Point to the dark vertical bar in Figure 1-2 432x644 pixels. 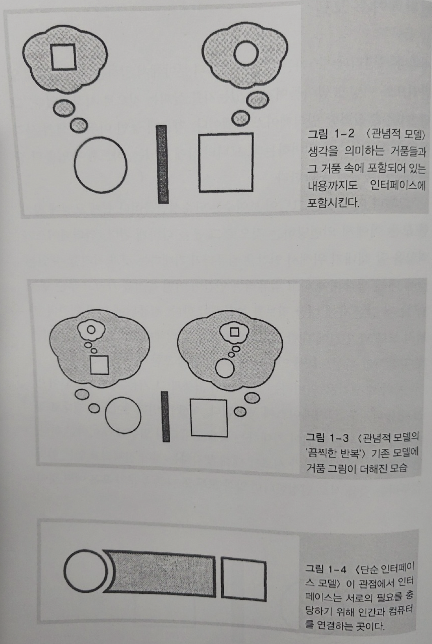[x=162, y=164]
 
